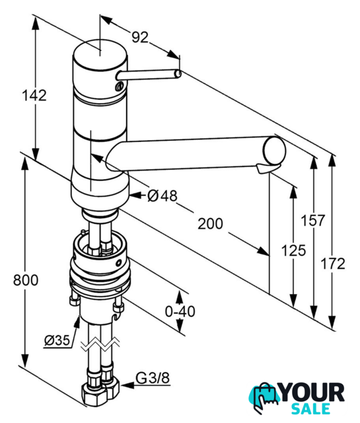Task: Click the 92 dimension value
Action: point(140,37)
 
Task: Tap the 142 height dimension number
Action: point(34,95)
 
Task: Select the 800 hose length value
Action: point(26,280)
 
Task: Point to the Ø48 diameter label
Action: point(162,196)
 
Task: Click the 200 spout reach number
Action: point(210,223)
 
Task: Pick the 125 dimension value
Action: point(294,250)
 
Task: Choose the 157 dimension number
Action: point(313,220)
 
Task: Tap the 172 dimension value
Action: point(333,264)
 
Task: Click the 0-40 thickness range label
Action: point(180,311)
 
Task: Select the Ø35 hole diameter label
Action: point(57,340)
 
